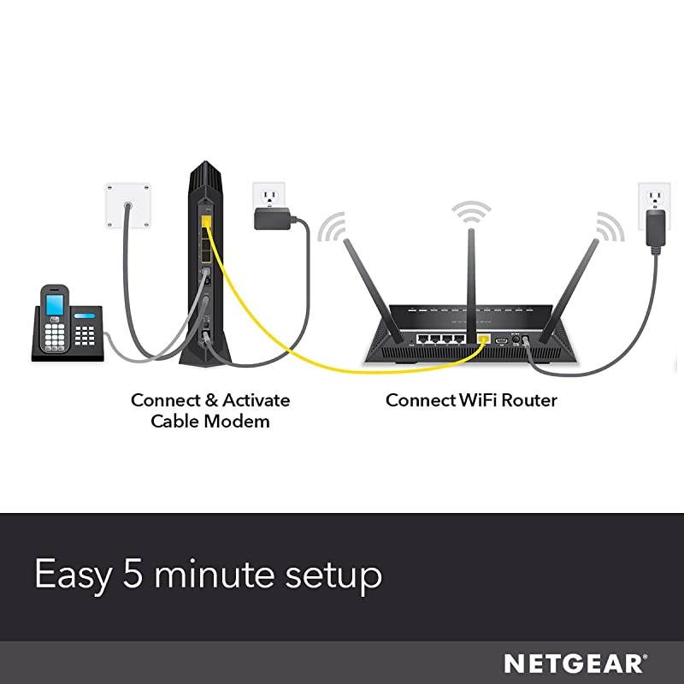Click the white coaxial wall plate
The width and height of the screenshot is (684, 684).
[127, 205]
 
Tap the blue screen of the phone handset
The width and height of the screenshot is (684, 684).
[55, 303]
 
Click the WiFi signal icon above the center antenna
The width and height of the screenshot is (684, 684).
[472, 210]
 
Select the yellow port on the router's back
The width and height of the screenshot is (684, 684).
[484, 339]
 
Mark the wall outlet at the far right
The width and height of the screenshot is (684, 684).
[654, 206]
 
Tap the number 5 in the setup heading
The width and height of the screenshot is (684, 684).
[133, 575]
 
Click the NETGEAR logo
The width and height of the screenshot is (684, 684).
[574, 663]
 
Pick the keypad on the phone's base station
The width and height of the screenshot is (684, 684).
[85, 335]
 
